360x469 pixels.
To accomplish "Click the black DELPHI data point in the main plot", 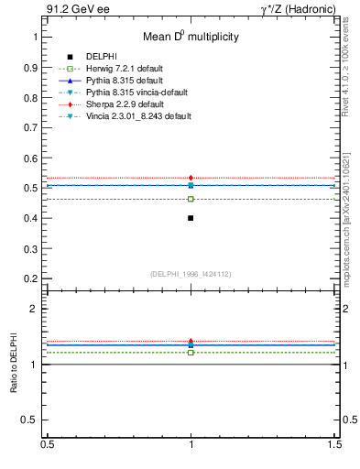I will pos(191,218).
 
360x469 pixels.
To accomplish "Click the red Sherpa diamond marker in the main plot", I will pos(191,178).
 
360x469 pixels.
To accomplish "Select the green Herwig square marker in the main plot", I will pos(191,199).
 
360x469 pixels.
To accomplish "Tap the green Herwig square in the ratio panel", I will pos(191,352).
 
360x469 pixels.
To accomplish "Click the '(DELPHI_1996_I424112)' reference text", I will pos(191,274).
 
